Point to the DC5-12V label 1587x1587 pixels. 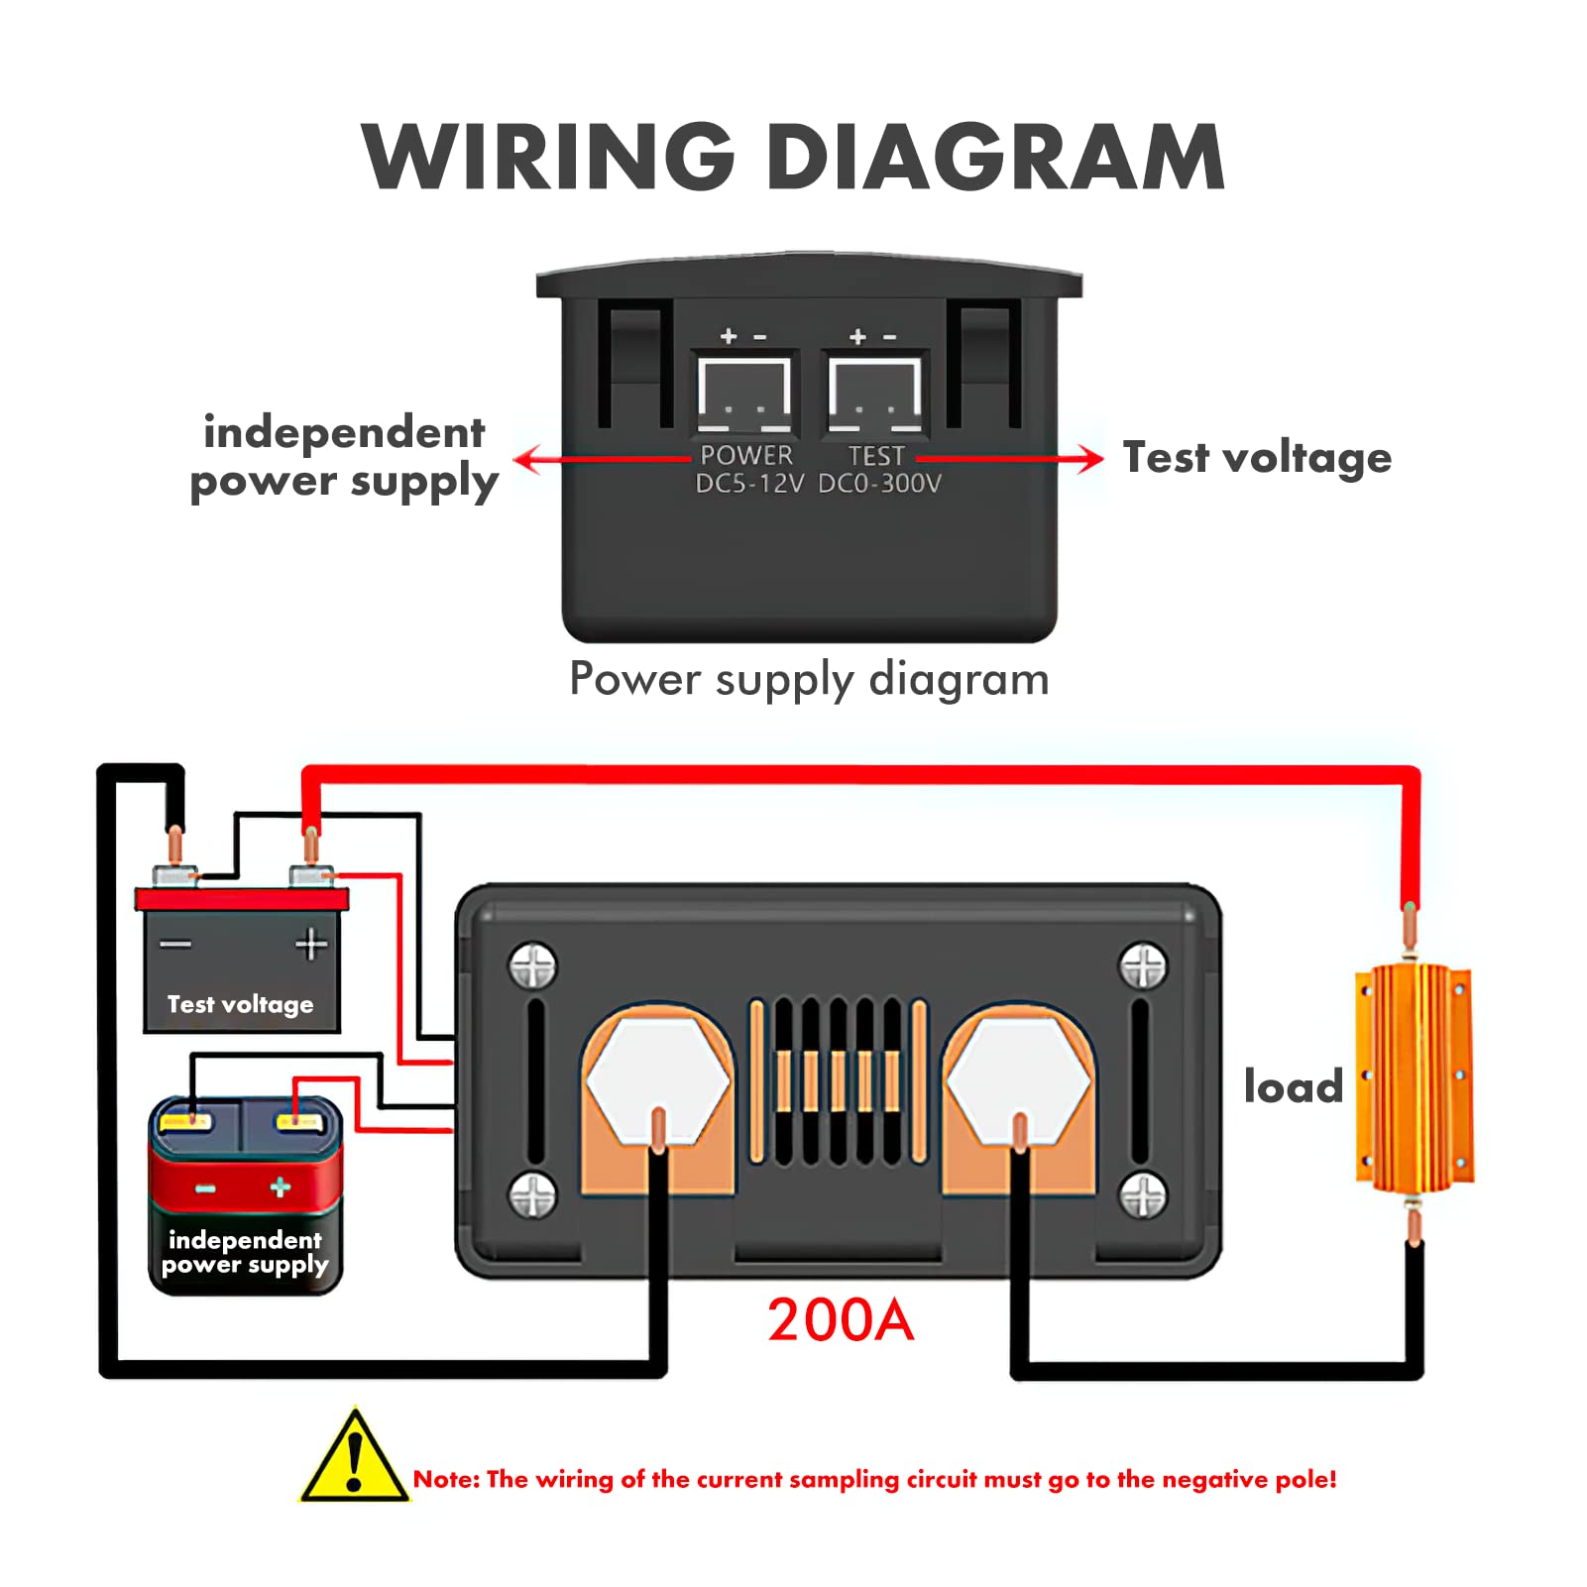click(749, 484)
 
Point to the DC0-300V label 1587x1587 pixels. click(879, 484)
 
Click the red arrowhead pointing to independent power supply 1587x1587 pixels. click(529, 459)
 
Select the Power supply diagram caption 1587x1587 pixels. click(809, 680)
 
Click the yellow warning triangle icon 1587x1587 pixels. click(355, 1455)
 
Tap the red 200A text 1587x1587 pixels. click(841, 1320)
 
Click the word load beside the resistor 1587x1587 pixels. click(1294, 1086)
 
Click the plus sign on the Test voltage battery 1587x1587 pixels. click(311, 945)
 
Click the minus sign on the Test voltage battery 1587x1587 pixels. click(175, 944)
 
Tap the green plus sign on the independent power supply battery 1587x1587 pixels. click(281, 1187)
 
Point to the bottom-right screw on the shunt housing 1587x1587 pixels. click(1143, 1195)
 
